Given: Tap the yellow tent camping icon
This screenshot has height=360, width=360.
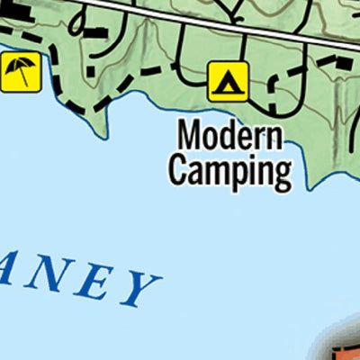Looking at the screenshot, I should point(227,81).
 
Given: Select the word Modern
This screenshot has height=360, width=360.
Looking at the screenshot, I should point(230,137).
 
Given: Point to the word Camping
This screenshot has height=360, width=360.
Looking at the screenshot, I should point(230,169).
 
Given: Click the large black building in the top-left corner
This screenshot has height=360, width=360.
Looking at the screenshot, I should point(18,11).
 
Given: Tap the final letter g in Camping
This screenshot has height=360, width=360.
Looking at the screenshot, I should point(283,173).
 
